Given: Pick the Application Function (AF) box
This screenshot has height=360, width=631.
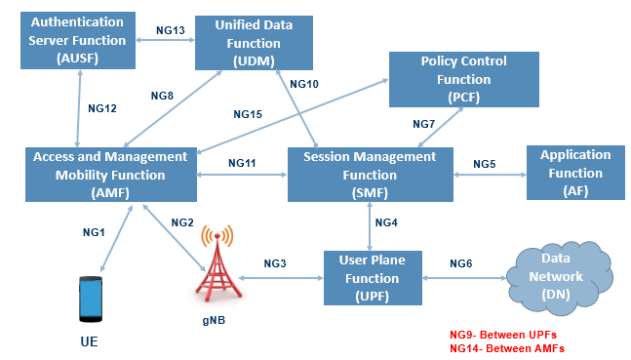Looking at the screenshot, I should click(x=574, y=174).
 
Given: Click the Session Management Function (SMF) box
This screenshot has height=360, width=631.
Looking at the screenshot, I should click(x=370, y=175).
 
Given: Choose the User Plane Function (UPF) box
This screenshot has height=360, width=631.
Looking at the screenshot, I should click(x=372, y=277).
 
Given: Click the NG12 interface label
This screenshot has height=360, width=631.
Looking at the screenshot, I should click(x=102, y=108).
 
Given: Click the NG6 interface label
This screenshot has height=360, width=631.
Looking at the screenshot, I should click(x=461, y=263).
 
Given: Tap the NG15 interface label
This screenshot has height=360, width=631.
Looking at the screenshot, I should click(x=248, y=115).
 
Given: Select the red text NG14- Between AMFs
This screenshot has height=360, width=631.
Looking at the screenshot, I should click(x=507, y=347).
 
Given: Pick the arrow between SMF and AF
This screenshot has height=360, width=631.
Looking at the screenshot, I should click(x=490, y=177).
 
